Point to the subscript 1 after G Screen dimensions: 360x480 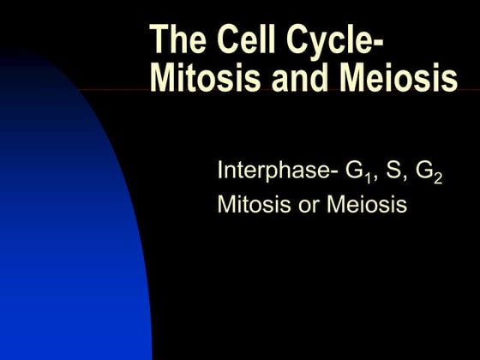(366, 178)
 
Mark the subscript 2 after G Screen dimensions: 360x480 (438, 178)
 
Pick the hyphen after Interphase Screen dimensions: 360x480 (333, 172)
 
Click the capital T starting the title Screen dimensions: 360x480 (159, 40)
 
